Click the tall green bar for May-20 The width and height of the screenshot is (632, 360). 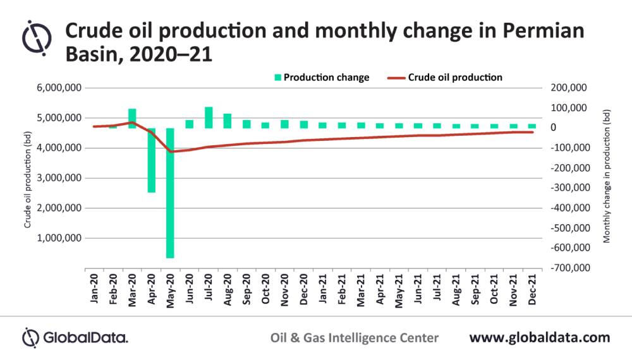click(170, 193)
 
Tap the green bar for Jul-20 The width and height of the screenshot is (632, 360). click(208, 117)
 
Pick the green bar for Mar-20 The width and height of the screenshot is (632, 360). click(132, 118)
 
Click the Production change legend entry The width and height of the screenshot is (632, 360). click(321, 78)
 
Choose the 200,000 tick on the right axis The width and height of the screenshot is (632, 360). click(571, 88)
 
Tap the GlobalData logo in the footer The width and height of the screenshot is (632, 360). click(75, 337)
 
